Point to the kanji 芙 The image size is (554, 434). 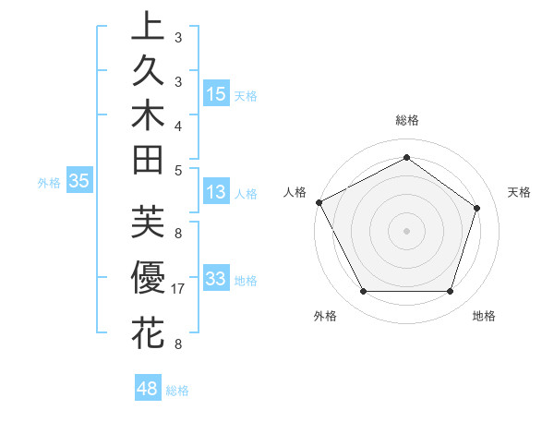pos(148,222)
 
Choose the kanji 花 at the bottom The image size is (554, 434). pos(148,332)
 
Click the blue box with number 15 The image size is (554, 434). pos(216,93)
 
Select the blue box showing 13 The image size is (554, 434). pos(216,193)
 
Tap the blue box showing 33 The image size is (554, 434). pos(216,279)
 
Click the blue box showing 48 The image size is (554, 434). pos(148,389)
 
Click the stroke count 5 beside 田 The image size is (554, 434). pos(178,170)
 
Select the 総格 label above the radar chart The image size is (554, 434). pos(407,120)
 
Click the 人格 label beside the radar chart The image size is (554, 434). pos(295,192)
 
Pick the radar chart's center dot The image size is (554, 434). pos(407,230)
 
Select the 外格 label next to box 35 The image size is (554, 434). pos(49,183)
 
